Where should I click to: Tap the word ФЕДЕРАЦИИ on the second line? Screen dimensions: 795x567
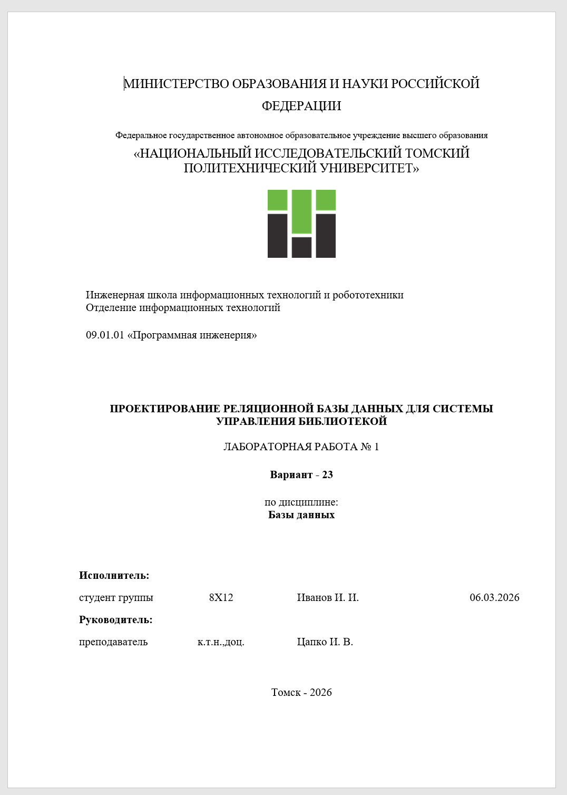pos(301,106)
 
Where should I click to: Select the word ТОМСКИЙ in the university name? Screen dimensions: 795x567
pos(437,153)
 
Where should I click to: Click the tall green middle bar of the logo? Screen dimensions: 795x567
pos(301,211)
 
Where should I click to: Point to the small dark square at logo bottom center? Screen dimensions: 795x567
pos(301,247)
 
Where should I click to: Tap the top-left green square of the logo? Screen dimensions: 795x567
pos(277,200)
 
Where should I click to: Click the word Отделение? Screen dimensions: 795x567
pos(111,308)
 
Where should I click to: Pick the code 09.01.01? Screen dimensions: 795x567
pos(105,335)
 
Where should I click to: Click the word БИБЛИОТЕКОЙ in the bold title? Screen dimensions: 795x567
pos(343,421)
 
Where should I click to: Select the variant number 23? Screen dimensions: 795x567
pos(327,475)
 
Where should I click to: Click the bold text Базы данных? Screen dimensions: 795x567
pos(301,515)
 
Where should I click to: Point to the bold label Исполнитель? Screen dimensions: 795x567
pos(114,576)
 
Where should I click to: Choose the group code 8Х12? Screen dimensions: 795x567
pos(221,598)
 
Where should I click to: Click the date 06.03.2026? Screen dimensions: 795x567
pos(494,598)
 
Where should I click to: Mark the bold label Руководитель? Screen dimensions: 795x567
pos(115,620)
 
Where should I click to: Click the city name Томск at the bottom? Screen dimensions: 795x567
pos(286,693)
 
